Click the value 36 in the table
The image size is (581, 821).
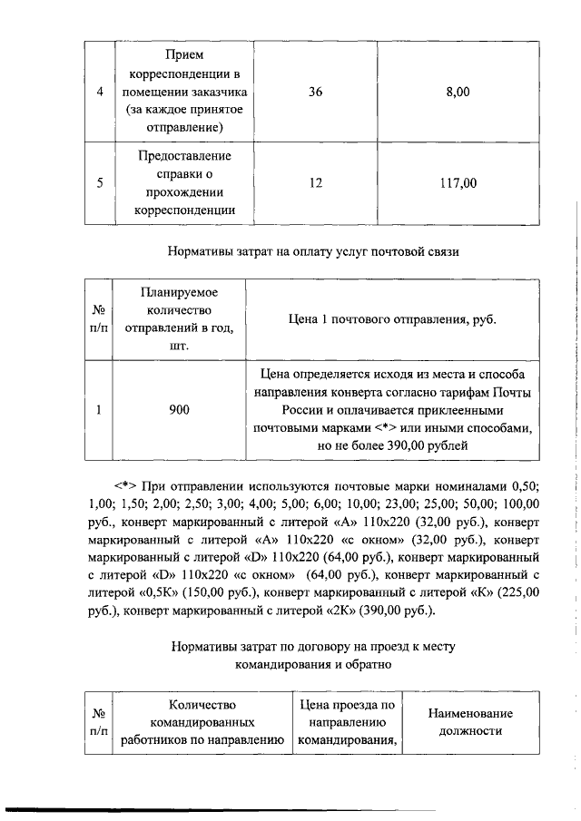316,92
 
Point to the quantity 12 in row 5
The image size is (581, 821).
316,182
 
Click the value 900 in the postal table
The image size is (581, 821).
180,410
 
